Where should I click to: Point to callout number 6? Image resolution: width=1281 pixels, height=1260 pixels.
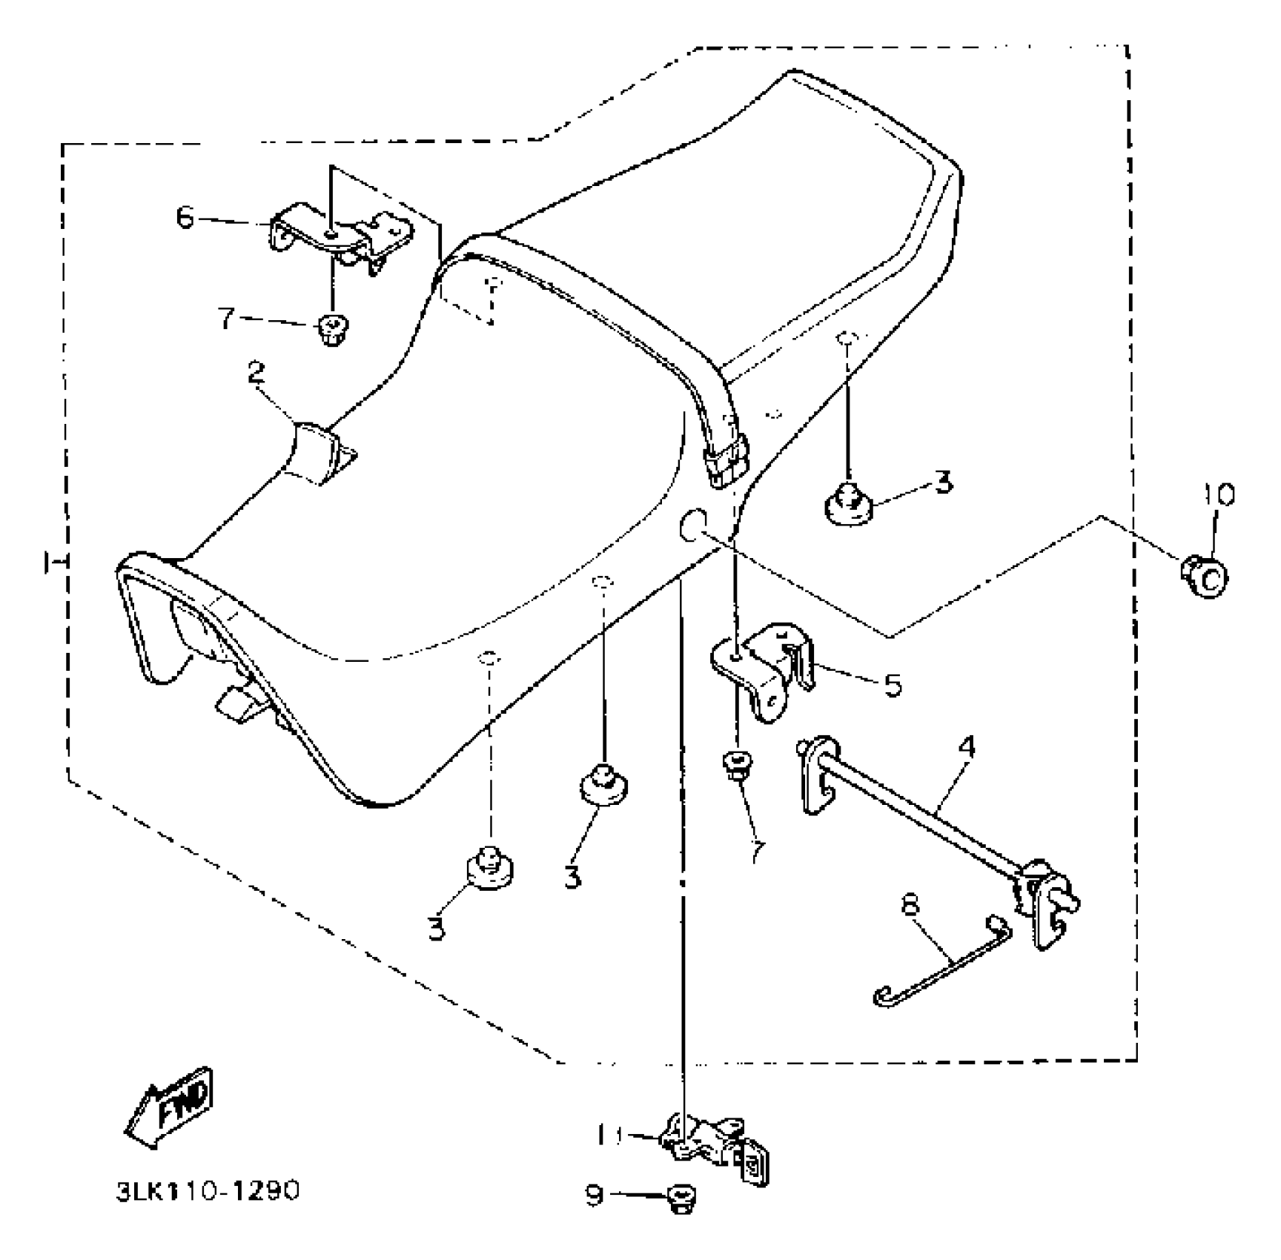185,219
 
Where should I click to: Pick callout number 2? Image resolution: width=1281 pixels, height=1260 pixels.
256,374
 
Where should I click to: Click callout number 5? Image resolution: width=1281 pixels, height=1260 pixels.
893,686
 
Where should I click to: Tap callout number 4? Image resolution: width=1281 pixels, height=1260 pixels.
966,746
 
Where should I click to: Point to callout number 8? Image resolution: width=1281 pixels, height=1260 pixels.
911,905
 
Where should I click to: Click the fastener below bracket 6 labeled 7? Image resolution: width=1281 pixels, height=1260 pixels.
333,328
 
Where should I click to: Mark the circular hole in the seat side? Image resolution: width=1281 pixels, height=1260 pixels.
692,527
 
